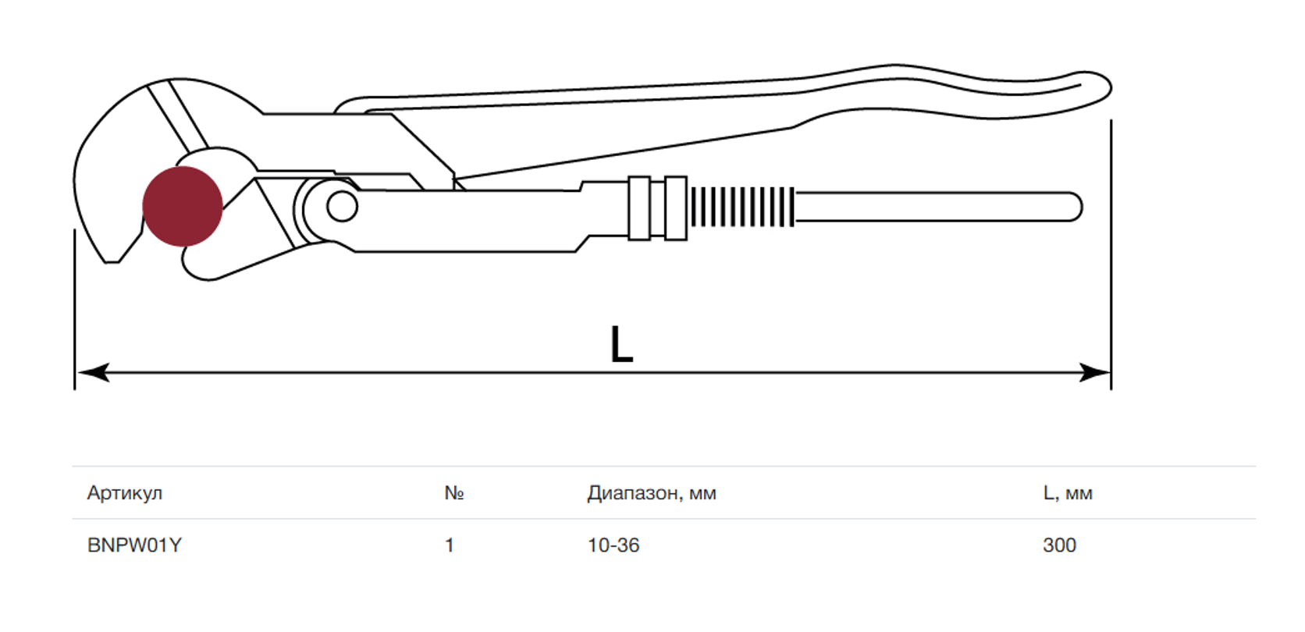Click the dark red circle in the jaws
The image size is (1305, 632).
coord(183,206)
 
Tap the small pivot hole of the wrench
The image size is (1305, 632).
coord(342,206)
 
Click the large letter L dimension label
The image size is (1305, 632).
coord(621,344)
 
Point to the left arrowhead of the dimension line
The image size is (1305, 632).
coord(93,372)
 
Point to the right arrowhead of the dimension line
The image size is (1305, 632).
coord(1093,372)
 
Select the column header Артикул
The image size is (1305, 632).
coord(125,493)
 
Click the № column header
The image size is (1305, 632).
coord(453,493)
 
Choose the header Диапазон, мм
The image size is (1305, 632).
coord(652,493)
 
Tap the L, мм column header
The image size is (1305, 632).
coord(1067,493)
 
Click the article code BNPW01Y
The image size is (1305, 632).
coord(134,545)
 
